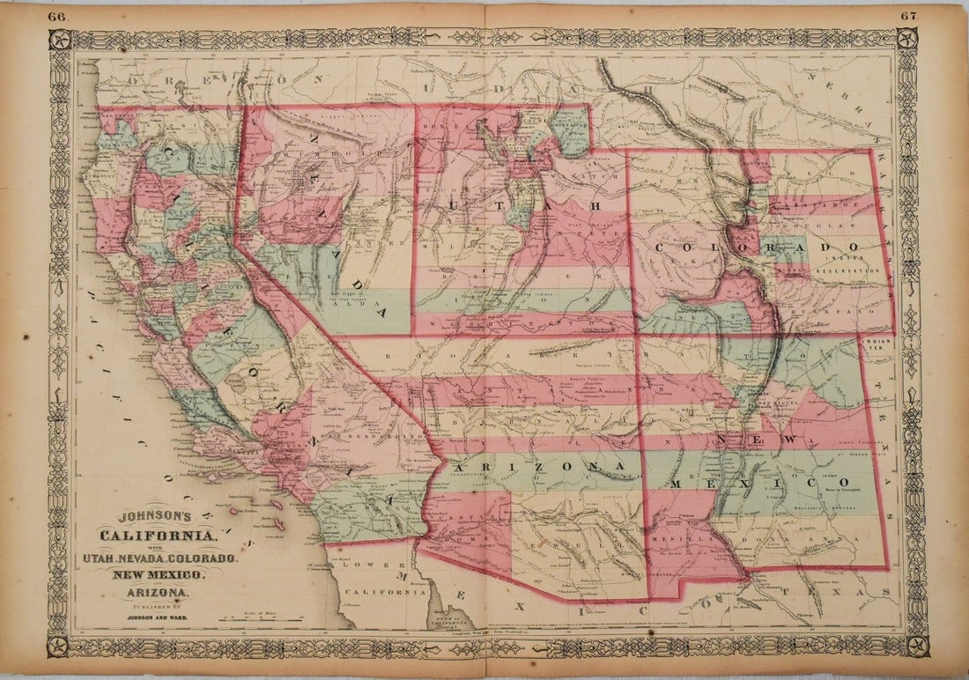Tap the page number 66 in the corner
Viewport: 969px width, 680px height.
click(57, 16)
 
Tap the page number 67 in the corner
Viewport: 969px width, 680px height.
click(913, 16)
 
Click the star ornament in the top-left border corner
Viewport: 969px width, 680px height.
click(60, 40)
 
